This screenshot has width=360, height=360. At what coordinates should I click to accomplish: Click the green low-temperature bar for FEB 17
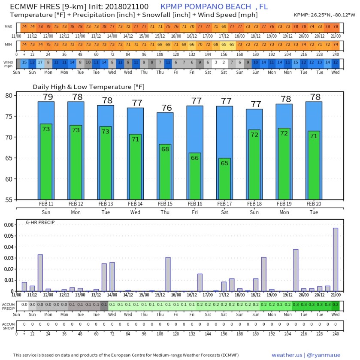tap(224, 180)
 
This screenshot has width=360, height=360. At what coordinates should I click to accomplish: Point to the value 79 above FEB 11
tap(46, 97)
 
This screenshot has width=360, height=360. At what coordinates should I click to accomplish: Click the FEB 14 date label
tap(135, 204)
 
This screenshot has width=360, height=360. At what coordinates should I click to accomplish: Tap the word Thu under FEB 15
tap(165, 212)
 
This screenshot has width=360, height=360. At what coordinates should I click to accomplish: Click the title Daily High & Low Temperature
tap(88, 87)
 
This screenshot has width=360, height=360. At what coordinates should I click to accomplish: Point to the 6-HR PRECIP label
tap(37, 222)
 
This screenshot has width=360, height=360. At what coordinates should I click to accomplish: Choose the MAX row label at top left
tap(9, 26)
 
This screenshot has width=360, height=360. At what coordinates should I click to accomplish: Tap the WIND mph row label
tap(9, 64)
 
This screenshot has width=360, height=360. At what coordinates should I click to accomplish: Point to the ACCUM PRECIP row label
tap(9, 306)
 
